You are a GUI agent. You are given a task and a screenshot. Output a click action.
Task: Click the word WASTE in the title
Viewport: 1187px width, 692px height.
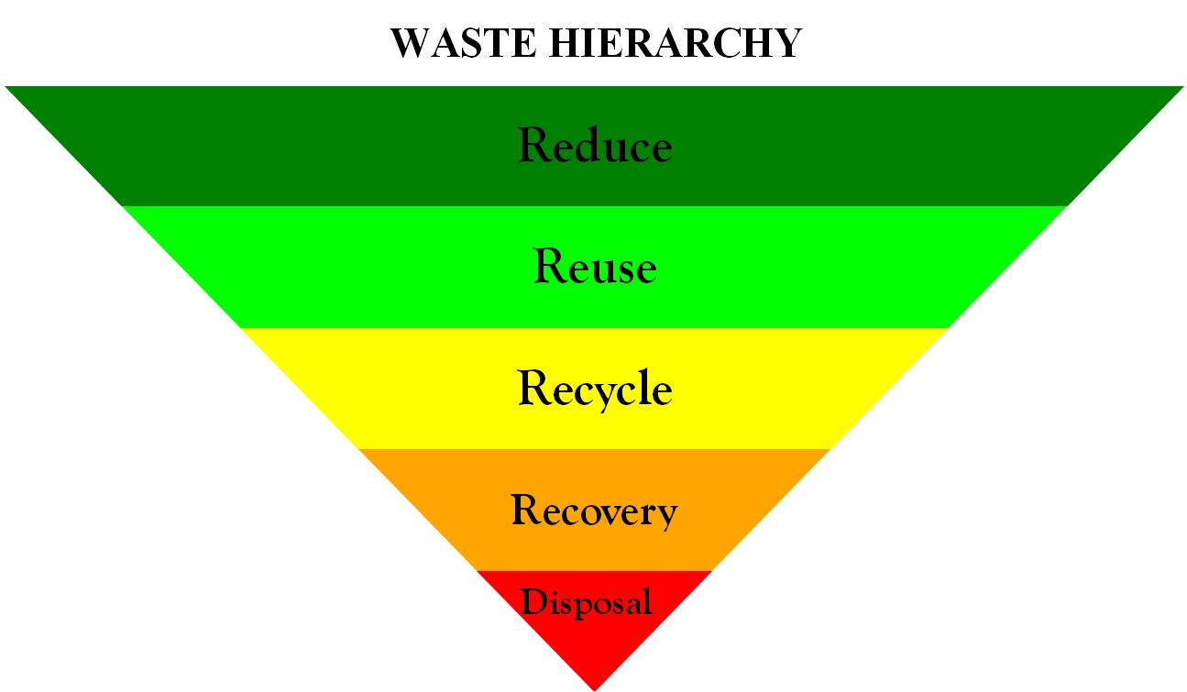463,43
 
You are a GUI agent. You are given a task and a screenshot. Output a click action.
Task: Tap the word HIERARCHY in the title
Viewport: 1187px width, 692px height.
676,43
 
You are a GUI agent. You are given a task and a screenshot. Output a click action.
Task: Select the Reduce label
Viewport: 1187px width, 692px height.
595,144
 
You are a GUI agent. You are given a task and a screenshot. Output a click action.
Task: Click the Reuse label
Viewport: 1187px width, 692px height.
595,266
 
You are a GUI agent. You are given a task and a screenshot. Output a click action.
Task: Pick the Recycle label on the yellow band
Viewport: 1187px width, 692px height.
595,390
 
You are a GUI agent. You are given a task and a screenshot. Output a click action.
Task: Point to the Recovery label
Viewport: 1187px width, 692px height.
595,511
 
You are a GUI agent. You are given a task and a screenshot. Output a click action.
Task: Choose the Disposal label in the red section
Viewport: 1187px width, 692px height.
587,602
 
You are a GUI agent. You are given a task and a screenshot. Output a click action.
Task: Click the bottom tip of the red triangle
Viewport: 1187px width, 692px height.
594,690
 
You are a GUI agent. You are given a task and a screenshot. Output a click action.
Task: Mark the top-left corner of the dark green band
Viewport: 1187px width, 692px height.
5,86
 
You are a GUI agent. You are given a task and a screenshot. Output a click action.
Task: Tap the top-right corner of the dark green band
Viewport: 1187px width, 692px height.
1183,86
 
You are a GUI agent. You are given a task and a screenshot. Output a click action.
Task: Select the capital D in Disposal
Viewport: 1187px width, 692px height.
534,601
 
